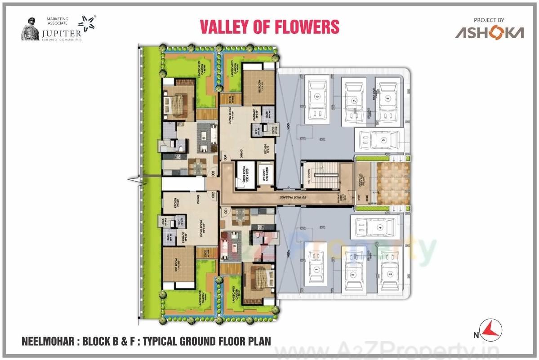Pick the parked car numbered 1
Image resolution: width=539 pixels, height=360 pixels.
316,269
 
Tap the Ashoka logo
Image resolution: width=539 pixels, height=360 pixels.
489,32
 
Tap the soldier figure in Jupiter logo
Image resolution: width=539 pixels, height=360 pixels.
31,29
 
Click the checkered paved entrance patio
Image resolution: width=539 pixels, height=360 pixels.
393,183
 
